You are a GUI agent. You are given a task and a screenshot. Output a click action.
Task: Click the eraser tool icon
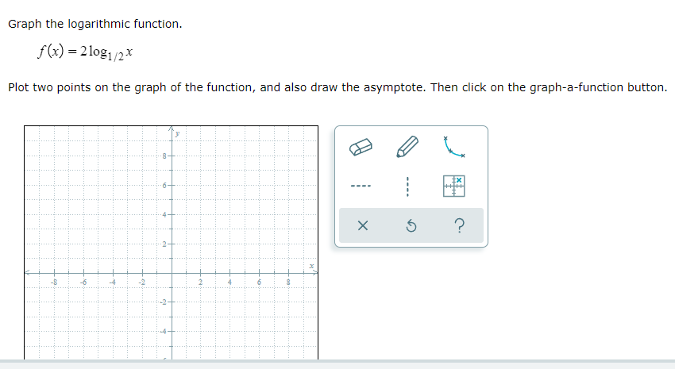[x=362, y=148]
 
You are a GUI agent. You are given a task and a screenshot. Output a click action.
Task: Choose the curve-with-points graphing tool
[x=454, y=147]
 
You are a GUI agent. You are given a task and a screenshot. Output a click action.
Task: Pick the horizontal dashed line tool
[x=362, y=188]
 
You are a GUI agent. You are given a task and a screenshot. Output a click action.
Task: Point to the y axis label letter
[x=178, y=135]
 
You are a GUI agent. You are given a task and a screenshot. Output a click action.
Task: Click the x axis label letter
[x=312, y=266]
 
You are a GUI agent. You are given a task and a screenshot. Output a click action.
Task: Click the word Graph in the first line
[x=25, y=24]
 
